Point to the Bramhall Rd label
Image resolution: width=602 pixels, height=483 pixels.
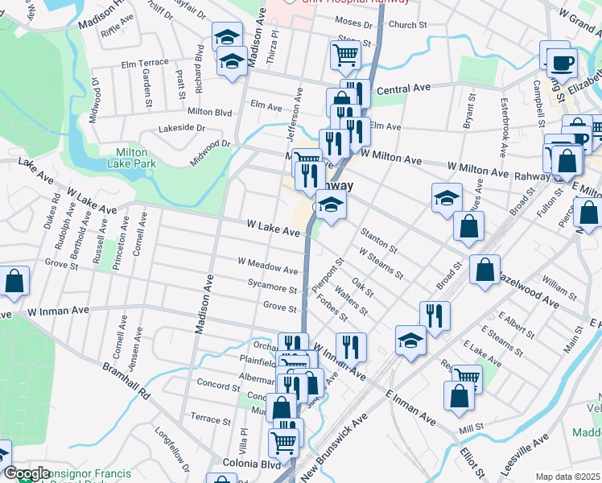coord(127,380)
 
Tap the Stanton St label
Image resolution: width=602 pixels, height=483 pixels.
coord(378,239)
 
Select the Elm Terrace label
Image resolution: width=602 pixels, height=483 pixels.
coord(145,63)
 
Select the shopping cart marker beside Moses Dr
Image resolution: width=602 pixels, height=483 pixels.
coord(344,55)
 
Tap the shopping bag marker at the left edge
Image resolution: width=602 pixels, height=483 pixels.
coord(14,281)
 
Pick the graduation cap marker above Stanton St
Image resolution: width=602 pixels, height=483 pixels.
coord(447,198)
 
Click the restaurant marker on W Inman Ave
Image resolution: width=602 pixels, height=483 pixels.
coord(350,346)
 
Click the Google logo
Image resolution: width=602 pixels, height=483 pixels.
coord(27,473)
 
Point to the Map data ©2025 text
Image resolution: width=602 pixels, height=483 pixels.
coord(567,477)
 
